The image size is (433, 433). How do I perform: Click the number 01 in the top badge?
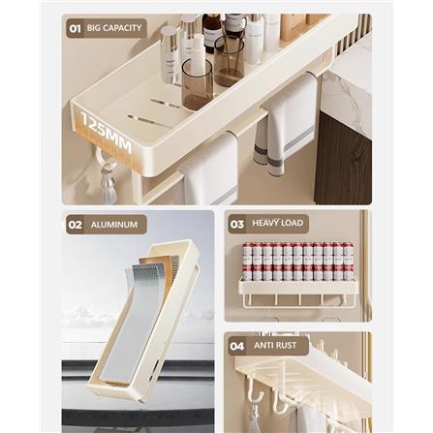click(x=75, y=28)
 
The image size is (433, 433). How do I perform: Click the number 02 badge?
click(x=75, y=224)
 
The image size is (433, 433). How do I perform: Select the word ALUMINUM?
click(x=114, y=224)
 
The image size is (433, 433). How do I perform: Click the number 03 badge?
click(x=237, y=224)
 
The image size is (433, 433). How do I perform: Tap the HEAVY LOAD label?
click(x=278, y=223)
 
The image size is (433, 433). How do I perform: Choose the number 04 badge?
click(x=237, y=345)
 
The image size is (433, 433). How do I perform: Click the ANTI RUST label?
click(x=275, y=345)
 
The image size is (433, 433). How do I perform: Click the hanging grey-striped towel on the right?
click(x=288, y=121)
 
